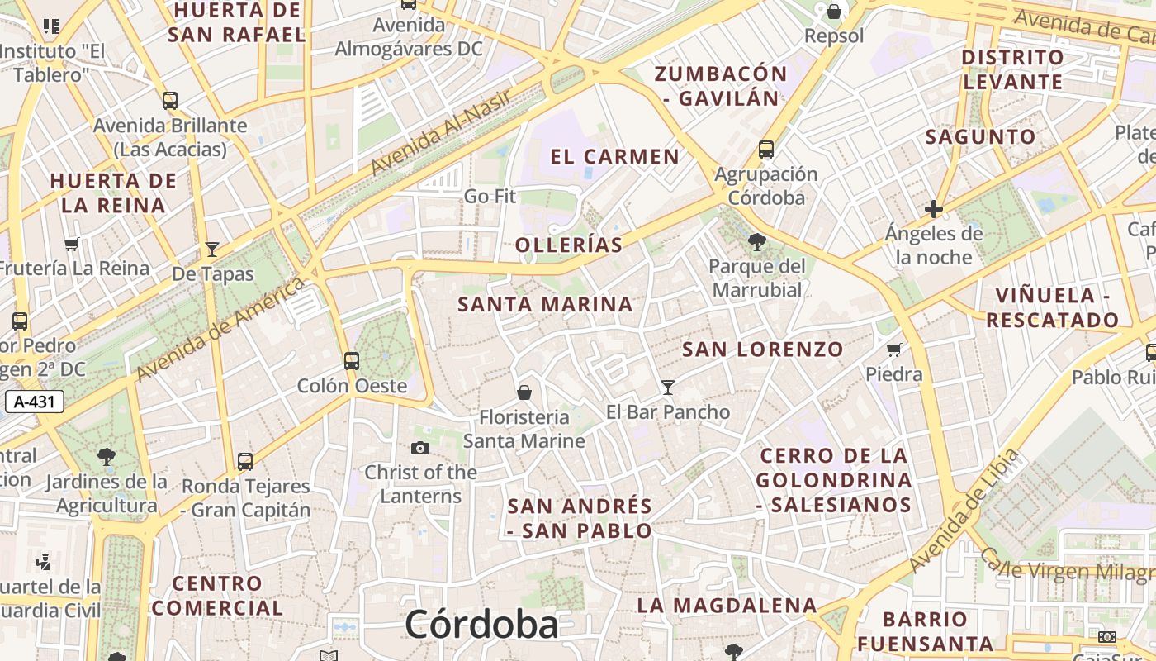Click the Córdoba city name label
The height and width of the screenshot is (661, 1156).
(x=481, y=624)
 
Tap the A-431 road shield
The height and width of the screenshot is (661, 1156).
(x=35, y=402)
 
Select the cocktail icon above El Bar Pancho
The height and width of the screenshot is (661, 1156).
(x=668, y=387)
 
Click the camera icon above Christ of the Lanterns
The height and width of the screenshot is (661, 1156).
(x=420, y=448)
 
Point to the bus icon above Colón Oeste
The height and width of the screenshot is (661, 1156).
(x=352, y=360)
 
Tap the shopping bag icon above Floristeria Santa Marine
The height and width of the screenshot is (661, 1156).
(x=524, y=392)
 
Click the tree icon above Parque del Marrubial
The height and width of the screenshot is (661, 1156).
(x=756, y=241)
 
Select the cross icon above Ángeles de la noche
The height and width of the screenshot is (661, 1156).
(x=934, y=209)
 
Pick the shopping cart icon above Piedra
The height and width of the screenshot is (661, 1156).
(x=893, y=350)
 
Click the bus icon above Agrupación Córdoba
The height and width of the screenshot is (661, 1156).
(x=766, y=150)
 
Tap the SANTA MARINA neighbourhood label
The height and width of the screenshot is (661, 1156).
(x=545, y=304)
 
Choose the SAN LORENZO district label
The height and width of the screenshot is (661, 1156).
(x=763, y=350)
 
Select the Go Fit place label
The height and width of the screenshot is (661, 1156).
(x=490, y=197)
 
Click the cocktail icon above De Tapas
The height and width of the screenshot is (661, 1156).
(x=212, y=250)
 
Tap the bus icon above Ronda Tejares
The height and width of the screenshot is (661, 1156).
(x=245, y=461)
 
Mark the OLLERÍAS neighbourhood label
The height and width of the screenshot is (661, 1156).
(x=569, y=245)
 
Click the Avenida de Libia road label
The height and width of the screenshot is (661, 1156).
(x=964, y=512)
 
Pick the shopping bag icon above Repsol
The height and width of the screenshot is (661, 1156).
(x=834, y=12)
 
